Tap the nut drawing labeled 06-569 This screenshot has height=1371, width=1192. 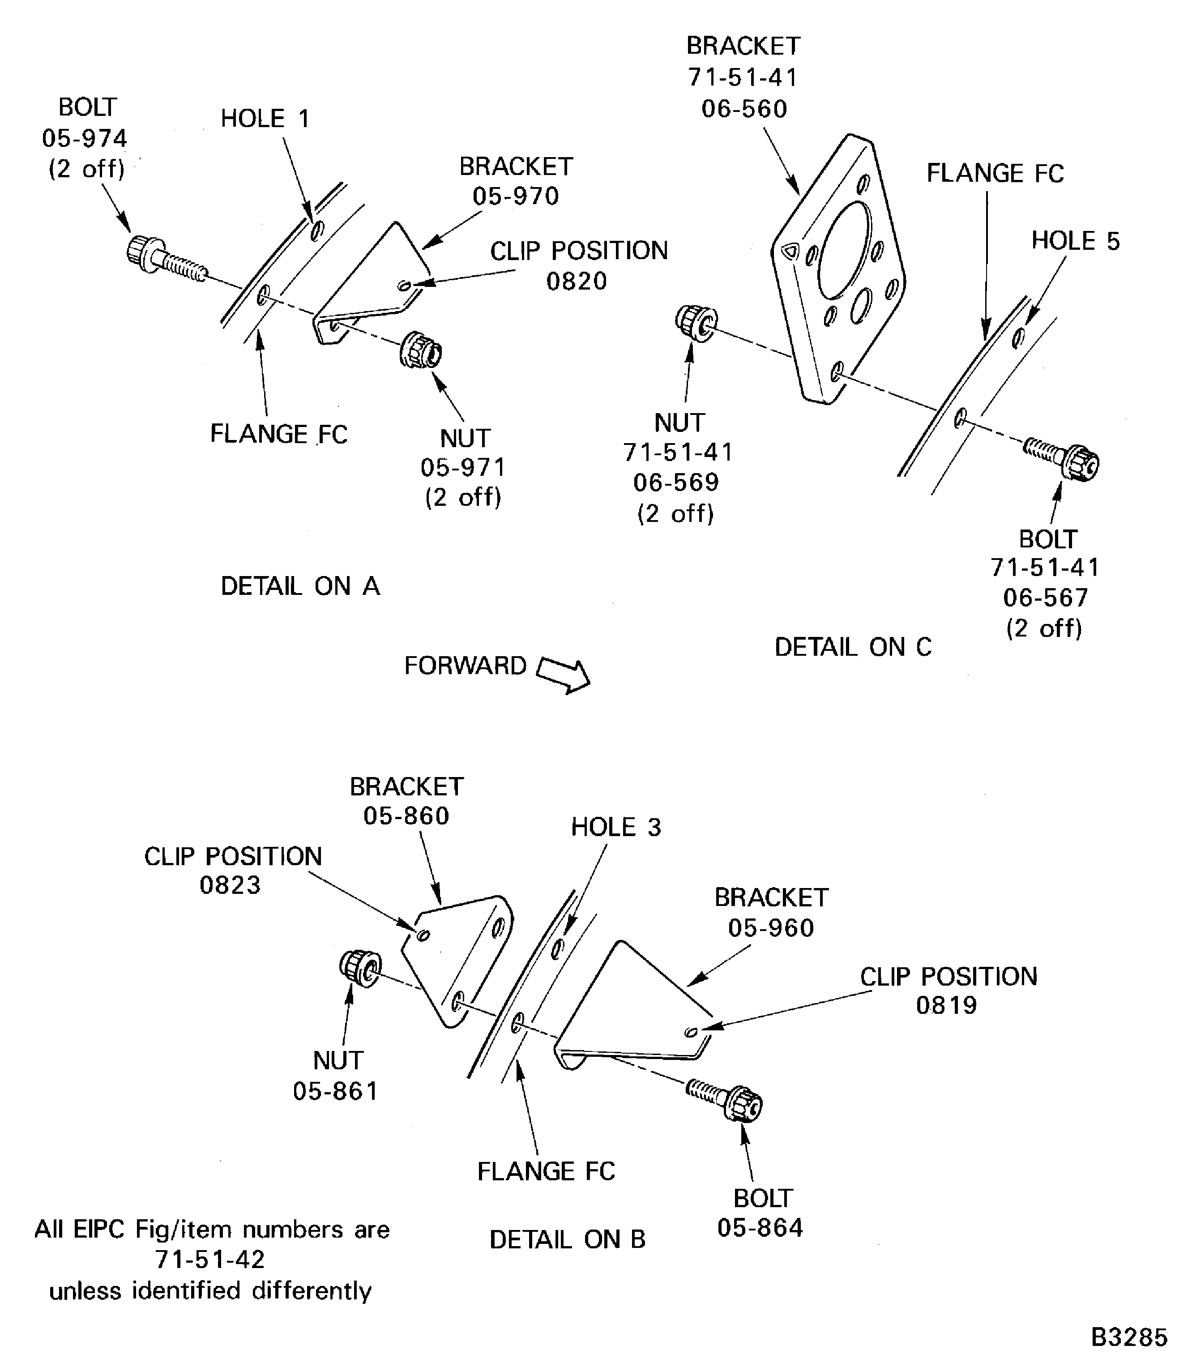pos(696,323)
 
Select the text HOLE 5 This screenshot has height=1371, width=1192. pos(1075,241)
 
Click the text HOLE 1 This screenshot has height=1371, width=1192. pos(265,119)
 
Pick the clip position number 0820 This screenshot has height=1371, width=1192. pos(576,282)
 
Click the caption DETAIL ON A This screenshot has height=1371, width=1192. pos(300,586)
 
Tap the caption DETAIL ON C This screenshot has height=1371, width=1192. pos(853,647)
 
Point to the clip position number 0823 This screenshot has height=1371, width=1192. pos(230,885)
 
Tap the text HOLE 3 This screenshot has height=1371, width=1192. pos(616,827)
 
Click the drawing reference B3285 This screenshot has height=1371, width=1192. pos(1129,1337)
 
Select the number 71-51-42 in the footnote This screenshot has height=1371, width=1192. pos(210,1259)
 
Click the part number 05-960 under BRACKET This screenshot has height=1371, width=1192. pos(770,927)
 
